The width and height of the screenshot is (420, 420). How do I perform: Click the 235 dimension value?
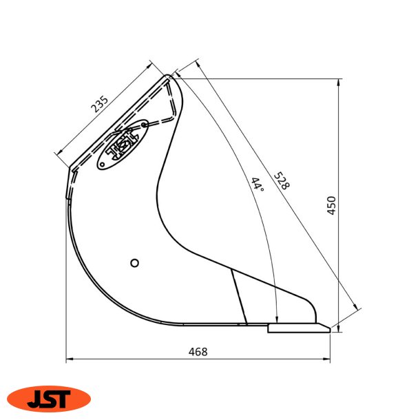click(100, 104)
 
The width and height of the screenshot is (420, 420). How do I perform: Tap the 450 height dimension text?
click(331, 205)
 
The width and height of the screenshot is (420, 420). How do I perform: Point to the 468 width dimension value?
click(198, 351)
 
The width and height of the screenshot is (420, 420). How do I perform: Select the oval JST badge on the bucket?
click(123, 144)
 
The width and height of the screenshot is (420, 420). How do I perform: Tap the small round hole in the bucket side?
click(135, 262)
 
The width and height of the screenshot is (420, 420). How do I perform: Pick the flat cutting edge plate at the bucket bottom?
click(298, 328)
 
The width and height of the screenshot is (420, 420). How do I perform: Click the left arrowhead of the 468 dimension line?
click(69, 359)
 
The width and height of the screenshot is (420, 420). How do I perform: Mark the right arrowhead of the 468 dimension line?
click(327, 359)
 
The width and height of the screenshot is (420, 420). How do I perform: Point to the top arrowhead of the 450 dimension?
click(339, 82)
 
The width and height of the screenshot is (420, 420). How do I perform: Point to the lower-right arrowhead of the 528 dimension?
click(357, 308)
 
